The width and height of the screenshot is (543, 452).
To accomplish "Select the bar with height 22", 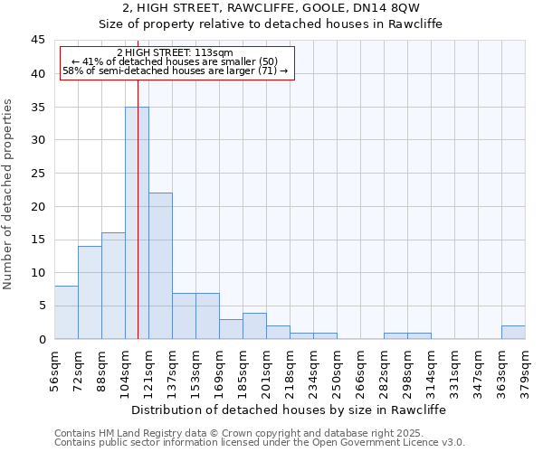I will [x=160, y=266].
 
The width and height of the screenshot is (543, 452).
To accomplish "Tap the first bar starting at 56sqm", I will [x=66, y=312].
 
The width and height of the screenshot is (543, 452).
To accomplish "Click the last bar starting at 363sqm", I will [x=513, y=332].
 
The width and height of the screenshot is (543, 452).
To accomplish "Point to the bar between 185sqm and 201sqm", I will [x=254, y=325].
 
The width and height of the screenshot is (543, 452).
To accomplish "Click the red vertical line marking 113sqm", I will [x=138, y=181].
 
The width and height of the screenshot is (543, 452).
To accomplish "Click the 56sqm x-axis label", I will [x=54, y=367].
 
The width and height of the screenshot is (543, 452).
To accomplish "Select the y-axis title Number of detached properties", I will [x=9, y=194].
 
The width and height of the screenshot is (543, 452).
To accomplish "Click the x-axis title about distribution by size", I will [x=289, y=410].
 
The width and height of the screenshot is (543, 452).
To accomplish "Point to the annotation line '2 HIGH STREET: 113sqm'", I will [x=175, y=52].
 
